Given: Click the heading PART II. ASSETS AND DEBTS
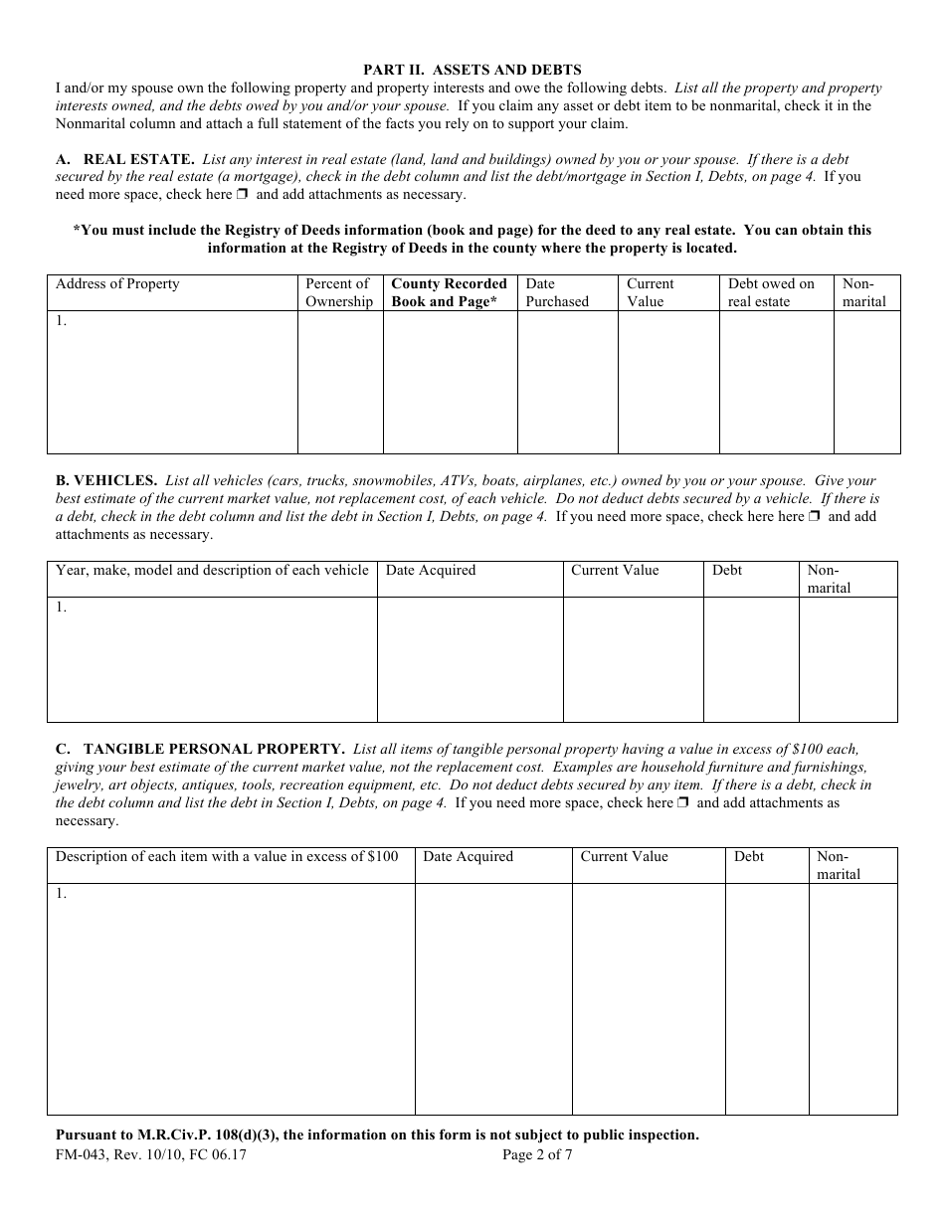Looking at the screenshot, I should [472, 70].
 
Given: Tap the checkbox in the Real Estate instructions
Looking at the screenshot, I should [243, 195].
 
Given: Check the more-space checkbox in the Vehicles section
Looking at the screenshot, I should [814, 517].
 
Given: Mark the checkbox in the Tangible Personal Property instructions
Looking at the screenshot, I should [683, 803].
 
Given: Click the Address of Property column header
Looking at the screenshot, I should [117, 284].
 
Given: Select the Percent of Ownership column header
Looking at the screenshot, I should [339, 293].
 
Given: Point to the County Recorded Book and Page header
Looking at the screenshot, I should [449, 293].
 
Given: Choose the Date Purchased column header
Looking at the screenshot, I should [557, 293].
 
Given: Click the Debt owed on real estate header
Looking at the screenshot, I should [771, 293].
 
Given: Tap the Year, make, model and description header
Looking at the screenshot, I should [212, 571].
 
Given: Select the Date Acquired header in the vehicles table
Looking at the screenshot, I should [431, 571].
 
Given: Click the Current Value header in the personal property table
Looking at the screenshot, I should [624, 857].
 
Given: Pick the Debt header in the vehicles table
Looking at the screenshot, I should [727, 571].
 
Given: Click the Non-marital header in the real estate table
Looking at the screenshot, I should [863, 293].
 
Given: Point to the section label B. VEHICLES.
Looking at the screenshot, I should [106, 481].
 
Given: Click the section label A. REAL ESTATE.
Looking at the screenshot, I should [124, 159].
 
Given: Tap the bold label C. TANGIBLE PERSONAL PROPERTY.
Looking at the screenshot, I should [200, 750].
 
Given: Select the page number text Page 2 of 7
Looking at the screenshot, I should [537, 1155].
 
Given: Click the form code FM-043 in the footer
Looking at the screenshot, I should [82, 1155].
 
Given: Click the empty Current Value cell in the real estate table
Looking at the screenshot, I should [667, 383].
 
